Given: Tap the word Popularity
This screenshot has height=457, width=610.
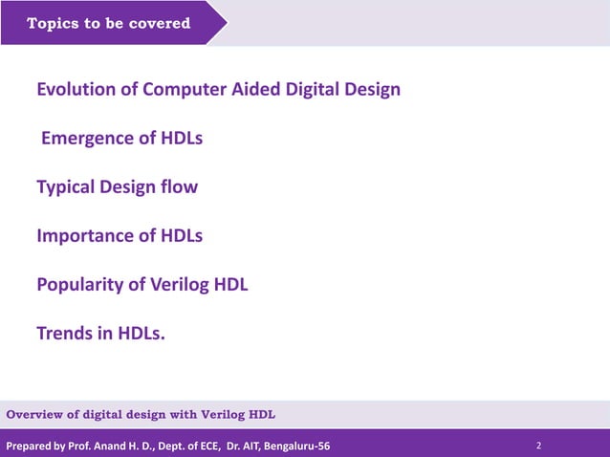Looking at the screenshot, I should (78, 284).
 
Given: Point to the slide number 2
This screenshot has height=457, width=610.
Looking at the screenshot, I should (539, 446).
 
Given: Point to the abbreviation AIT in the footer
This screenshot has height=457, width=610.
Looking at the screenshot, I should (250, 446).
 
